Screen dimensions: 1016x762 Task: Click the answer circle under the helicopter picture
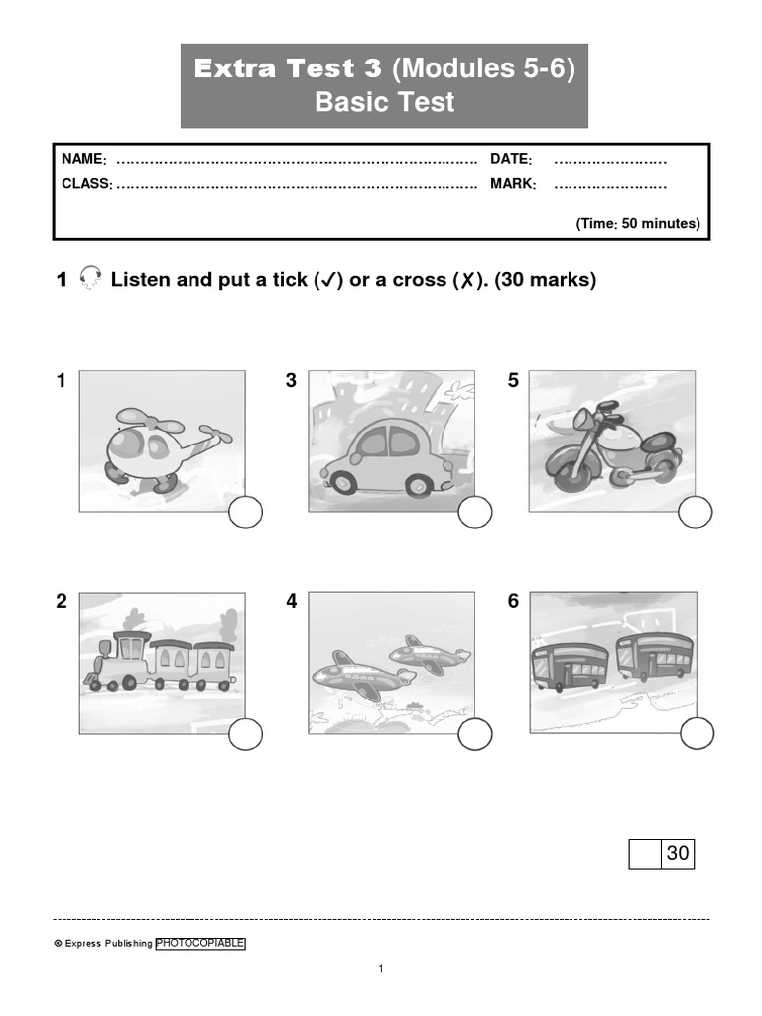[x=246, y=513]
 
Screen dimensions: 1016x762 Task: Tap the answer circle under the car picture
[x=475, y=513]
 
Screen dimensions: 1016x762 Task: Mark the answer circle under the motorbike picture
[x=696, y=513]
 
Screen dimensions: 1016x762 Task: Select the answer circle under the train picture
[x=246, y=735]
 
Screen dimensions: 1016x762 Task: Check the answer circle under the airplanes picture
[x=475, y=735]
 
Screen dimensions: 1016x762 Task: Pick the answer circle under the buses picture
[x=696, y=735]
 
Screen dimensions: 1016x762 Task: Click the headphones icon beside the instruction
[x=90, y=280]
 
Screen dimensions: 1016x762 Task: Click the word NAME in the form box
[x=83, y=160]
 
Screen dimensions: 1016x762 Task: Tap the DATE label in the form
[x=511, y=160]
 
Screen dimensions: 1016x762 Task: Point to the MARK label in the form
[x=513, y=184]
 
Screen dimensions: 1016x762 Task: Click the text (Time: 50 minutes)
[x=638, y=224]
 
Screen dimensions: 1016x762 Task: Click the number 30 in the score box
[x=678, y=853]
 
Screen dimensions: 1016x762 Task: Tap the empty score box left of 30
[x=645, y=853]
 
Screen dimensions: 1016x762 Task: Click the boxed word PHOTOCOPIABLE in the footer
[x=200, y=944]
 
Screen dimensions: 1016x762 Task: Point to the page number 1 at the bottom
[x=381, y=969]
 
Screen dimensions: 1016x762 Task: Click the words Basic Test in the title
[x=384, y=102]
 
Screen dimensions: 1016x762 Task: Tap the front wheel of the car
[x=343, y=483]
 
